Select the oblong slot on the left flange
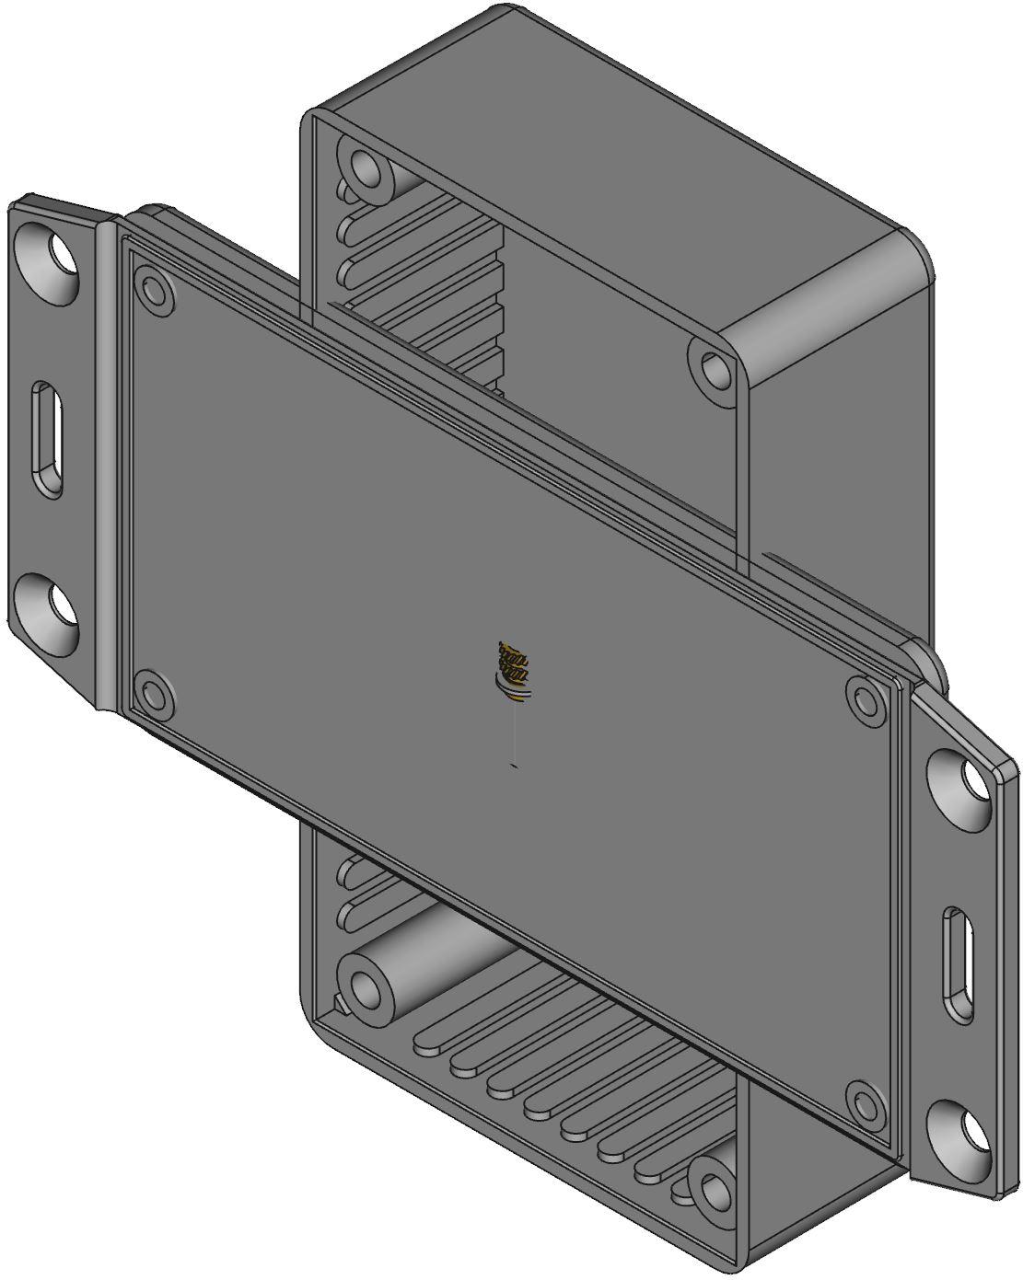pyautogui.click(x=48, y=443)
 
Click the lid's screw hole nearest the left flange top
pyautogui.click(x=154, y=292)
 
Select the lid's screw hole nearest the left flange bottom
pyautogui.click(x=153, y=693)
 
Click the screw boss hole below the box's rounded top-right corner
pyautogui.click(x=715, y=370)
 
